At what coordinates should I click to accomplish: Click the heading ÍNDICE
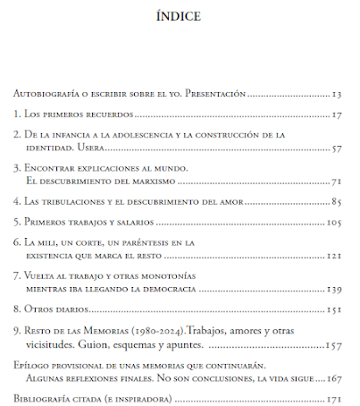179,15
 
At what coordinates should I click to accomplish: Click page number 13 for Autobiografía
336,94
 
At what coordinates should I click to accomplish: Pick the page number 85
336,200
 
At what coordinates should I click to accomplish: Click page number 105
334,221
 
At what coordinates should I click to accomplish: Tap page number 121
334,255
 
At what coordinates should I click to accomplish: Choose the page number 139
334,289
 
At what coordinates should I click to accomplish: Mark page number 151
334,309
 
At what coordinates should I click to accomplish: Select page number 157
334,343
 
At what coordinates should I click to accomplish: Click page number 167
334,377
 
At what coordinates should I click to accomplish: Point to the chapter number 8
17,309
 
